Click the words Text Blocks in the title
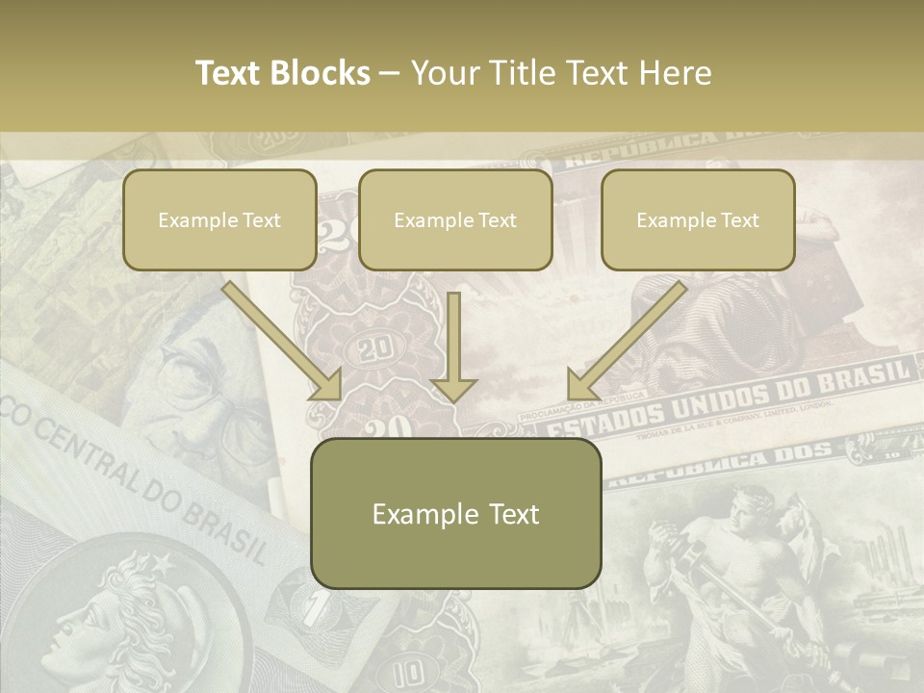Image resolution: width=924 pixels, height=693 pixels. pos(282,73)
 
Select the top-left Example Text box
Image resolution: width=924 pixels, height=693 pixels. pos(219,219)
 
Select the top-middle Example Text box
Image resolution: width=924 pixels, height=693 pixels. pos(455,219)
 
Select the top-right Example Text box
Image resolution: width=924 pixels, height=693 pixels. pos(698,219)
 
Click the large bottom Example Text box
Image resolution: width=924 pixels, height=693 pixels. pos(455,513)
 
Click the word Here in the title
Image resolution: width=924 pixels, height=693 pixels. pos(679,73)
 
